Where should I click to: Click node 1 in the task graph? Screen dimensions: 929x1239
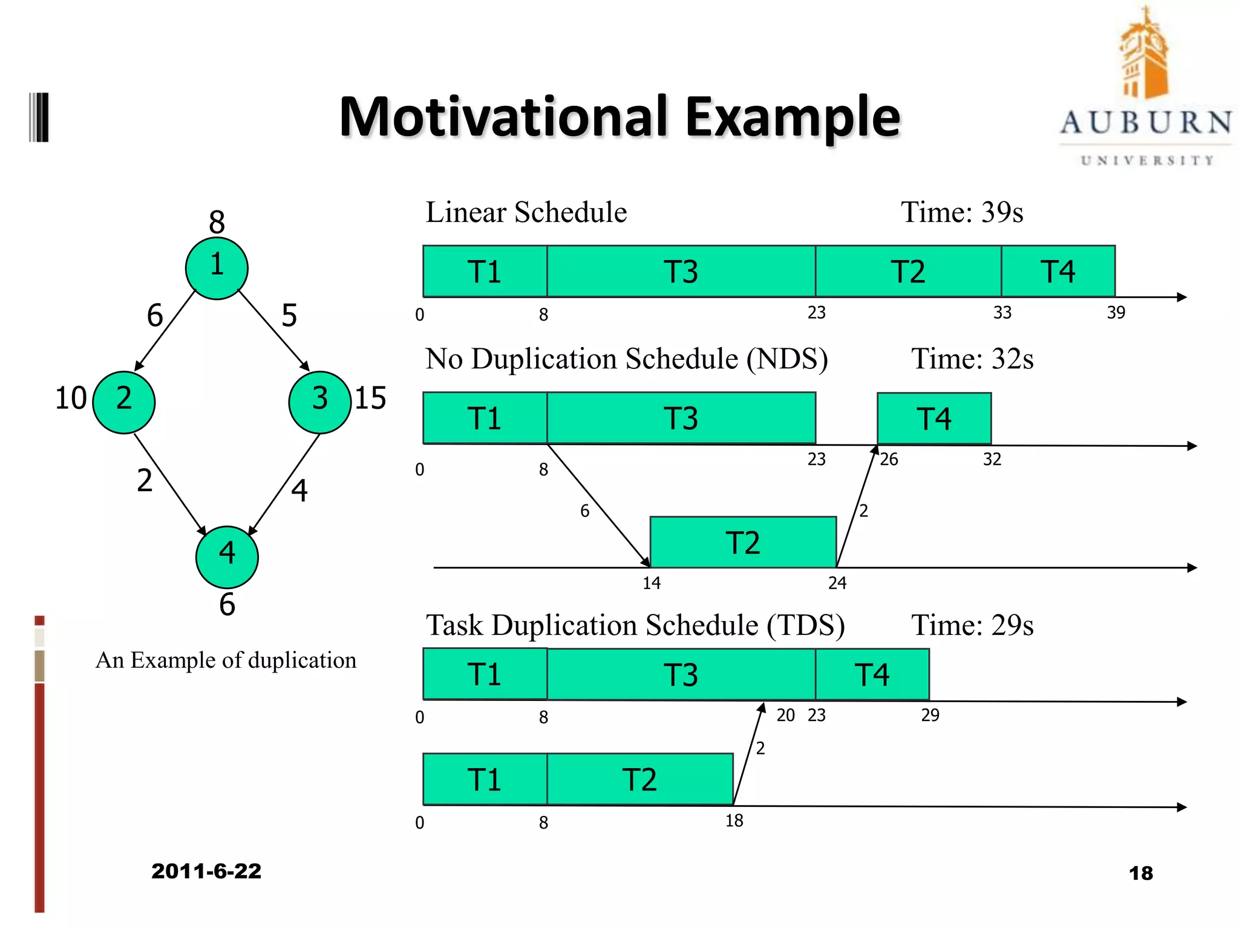(217, 268)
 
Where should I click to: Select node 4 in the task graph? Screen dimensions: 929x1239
(227, 556)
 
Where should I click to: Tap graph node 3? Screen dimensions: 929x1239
(319, 402)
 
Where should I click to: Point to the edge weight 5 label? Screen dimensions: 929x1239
(289, 316)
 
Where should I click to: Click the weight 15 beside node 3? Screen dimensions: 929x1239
(370, 398)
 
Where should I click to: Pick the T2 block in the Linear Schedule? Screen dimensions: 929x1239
(907, 272)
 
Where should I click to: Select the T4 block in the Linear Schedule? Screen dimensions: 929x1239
(1058, 272)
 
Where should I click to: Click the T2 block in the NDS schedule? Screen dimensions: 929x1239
(743, 543)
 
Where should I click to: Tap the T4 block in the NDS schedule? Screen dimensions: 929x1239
(933, 419)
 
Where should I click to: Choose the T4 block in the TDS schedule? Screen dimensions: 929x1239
(872, 674)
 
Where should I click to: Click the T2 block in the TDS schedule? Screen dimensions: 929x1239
(639, 779)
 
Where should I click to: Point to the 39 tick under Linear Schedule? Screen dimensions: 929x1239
(1116, 313)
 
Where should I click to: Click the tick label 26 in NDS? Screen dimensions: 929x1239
(889, 460)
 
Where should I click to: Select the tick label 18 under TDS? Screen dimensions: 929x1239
(734, 821)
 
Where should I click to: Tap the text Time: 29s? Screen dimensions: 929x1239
(972, 625)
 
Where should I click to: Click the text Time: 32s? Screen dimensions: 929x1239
(972, 359)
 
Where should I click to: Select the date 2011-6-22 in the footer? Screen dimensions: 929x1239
(206, 871)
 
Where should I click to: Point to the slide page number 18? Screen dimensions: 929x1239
(1140, 873)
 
